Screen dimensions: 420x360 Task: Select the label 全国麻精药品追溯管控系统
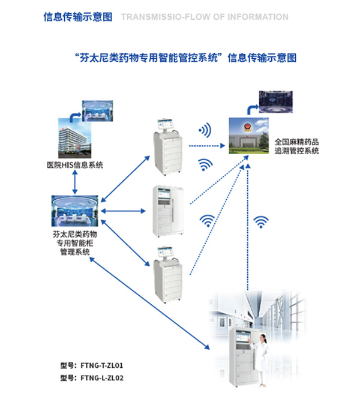296,147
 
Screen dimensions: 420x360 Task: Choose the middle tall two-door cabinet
170,210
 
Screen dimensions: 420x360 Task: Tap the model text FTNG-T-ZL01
96,365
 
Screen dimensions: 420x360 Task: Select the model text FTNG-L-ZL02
96,378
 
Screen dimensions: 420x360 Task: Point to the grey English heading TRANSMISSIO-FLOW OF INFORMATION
205,17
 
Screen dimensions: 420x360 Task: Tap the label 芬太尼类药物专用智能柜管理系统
75,243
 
